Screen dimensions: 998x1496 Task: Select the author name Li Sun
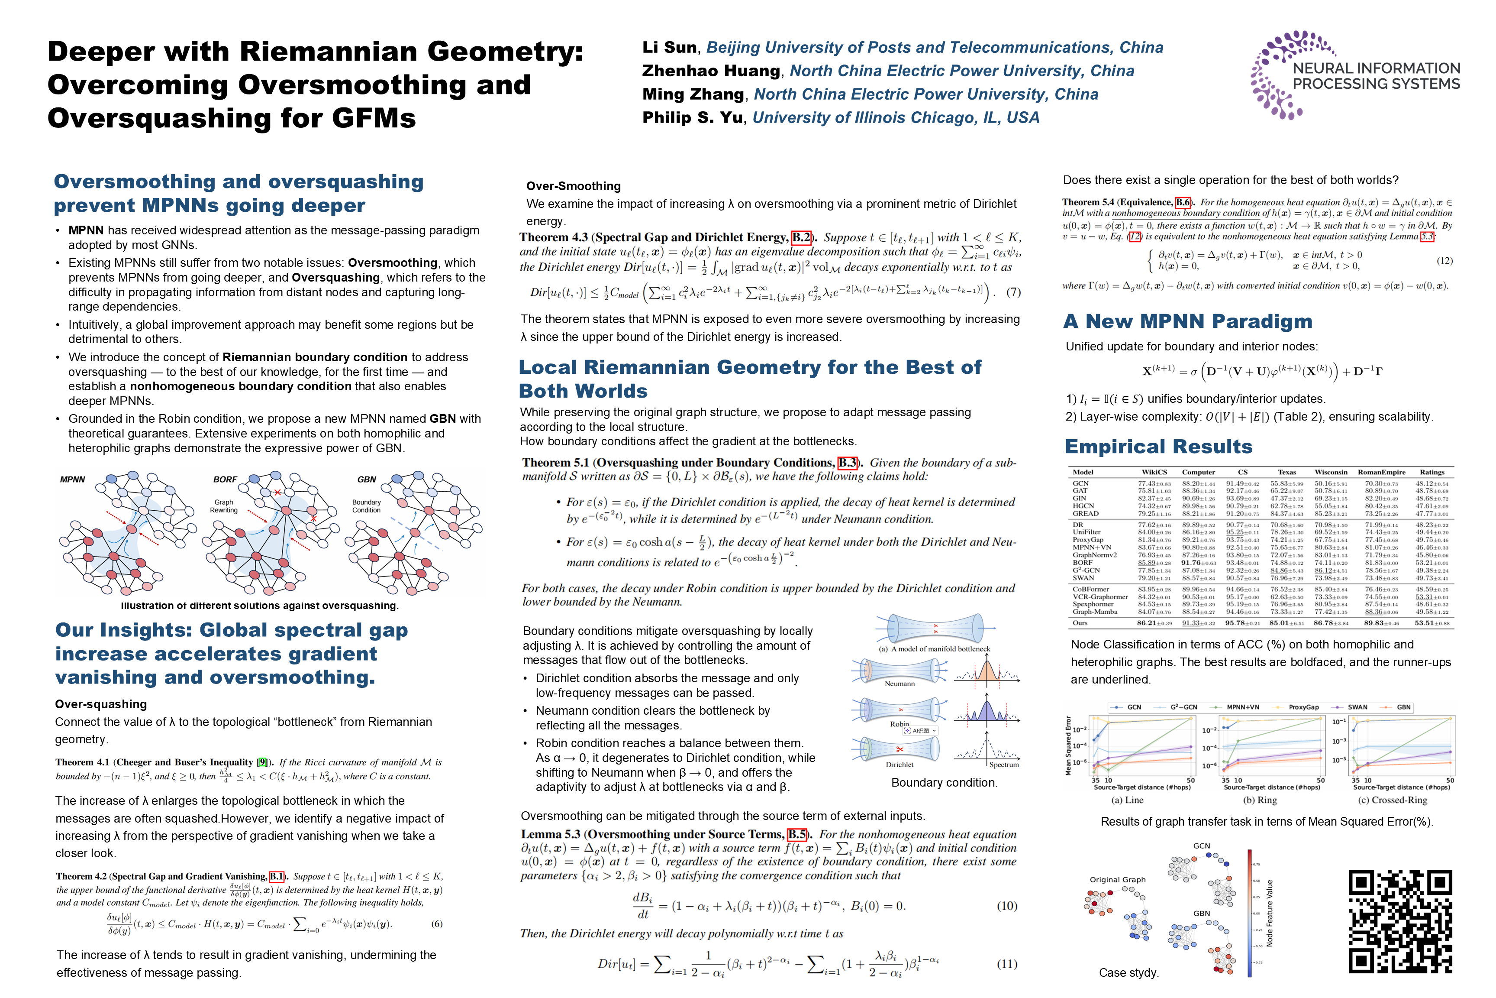point(669,48)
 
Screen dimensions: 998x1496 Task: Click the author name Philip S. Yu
point(692,118)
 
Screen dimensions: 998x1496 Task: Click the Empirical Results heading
point(1158,447)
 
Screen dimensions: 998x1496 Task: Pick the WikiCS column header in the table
point(1154,472)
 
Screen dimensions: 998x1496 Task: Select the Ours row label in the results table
point(1080,623)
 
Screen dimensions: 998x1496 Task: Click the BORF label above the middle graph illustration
point(225,479)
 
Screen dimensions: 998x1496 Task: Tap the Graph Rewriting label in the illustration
point(224,506)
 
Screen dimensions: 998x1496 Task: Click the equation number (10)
point(1006,906)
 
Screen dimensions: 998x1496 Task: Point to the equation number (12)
point(1444,260)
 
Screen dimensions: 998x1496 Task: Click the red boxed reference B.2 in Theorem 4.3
point(801,237)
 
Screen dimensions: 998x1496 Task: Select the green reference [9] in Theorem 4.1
point(261,762)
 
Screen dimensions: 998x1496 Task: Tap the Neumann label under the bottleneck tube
point(900,684)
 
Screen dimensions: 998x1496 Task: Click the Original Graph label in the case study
point(1118,880)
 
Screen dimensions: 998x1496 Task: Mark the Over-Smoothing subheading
point(573,186)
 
